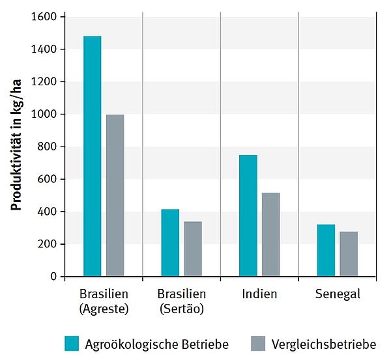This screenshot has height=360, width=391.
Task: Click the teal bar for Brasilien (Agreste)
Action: point(93,156)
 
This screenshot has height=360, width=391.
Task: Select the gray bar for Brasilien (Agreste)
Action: point(115,195)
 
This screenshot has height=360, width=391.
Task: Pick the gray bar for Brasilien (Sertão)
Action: point(193,249)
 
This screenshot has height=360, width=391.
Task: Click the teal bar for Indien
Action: point(248,215)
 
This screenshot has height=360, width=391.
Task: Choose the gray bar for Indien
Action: point(270,234)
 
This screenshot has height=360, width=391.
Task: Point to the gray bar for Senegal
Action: point(349,254)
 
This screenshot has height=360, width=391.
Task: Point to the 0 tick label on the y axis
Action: point(53,277)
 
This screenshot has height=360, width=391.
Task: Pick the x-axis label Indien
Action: point(259,294)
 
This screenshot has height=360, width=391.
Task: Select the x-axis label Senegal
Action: point(338,294)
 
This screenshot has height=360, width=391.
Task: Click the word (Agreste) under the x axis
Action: point(103,309)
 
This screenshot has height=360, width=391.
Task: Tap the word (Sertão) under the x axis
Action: point(181,309)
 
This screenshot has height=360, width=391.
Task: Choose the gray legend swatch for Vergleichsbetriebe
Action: point(257,343)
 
